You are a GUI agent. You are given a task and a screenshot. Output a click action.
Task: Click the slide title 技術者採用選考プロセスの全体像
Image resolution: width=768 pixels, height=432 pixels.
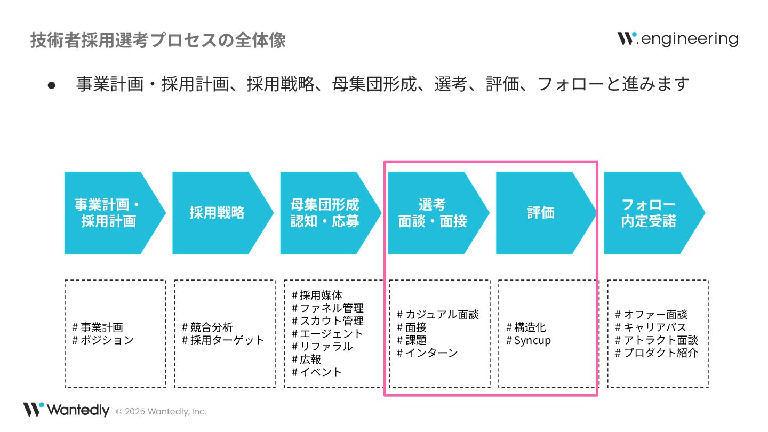(158, 41)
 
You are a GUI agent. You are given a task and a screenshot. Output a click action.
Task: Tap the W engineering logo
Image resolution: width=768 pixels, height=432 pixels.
(677, 39)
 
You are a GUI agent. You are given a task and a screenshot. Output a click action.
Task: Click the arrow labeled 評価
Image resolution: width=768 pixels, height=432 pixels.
(541, 213)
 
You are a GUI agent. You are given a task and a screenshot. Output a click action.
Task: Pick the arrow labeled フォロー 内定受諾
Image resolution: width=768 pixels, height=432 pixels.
(649, 213)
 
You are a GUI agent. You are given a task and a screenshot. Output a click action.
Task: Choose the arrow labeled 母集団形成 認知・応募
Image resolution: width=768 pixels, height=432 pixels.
(325, 213)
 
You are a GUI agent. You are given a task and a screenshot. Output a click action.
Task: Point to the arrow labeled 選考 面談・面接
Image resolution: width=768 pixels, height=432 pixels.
(433, 213)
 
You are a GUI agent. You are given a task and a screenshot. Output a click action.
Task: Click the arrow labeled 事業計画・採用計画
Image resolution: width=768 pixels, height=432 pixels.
(109, 213)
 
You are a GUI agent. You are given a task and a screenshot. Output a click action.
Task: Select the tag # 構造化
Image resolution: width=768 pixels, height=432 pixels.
(526, 327)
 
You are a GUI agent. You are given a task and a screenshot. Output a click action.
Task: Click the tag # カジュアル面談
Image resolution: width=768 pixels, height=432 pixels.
(438, 315)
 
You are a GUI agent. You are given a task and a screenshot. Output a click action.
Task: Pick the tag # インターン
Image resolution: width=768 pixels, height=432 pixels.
(427, 353)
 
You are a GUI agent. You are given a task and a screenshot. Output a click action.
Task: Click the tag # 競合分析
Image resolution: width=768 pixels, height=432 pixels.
(207, 327)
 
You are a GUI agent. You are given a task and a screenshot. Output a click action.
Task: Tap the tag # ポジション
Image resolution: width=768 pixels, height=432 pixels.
(103, 340)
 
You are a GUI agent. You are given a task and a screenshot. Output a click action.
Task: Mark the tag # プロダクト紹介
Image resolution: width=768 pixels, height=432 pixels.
(657, 353)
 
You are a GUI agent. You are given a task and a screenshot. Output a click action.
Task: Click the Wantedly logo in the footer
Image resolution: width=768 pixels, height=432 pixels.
(66, 410)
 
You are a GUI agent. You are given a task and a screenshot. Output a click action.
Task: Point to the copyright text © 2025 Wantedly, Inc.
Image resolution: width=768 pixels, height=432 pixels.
(161, 412)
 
